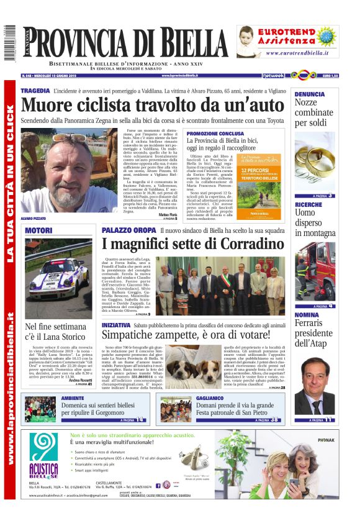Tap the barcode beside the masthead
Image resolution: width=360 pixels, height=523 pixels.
tap(8, 43)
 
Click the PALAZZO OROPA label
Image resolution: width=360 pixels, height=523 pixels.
tap(128, 230)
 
